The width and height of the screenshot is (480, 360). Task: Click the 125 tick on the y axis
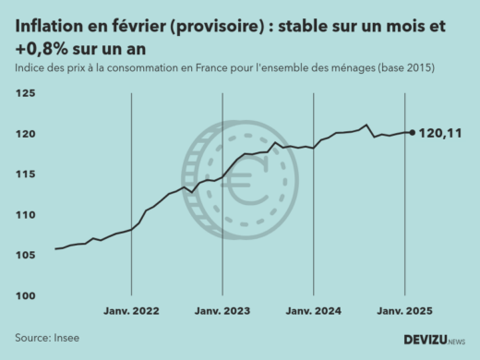pyautogui.click(x=25, y=94)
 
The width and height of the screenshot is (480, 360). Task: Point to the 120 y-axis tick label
pyautogui.click(x=25, y=135)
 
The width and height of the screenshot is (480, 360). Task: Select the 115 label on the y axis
pyautogui.click(x=25, y=174)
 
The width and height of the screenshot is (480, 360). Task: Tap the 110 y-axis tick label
pyautogui.click(x=25, y=215)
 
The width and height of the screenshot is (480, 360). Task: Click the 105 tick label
pyautogui.click(x=25, y=256)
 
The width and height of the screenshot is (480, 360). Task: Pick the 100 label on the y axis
pyautogui.click(x=25, y=296)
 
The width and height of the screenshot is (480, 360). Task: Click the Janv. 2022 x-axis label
pyautogui.click(x=132, y=312)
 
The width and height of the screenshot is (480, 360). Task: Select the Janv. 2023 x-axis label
pyautogui.click(x=223, y=312)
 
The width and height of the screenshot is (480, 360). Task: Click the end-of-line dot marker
pyautogui.click(x=412, y=132)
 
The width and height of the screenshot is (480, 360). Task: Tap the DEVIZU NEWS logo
pyautogui.click(x=434, y=340)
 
